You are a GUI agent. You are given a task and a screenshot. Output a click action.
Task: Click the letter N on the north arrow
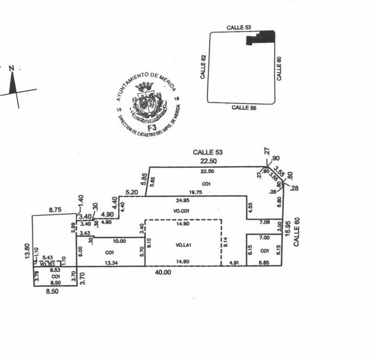pos(11,68)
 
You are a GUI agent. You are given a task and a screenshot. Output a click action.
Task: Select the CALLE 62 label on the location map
pos(204,67)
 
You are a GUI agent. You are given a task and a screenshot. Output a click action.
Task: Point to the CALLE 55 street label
pos(244,108)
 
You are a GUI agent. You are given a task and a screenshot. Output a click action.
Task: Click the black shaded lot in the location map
pos(262,37)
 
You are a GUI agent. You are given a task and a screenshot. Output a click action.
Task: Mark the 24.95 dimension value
pos(183,201)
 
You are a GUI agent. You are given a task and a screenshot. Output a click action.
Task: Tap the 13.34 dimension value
pos(110,263)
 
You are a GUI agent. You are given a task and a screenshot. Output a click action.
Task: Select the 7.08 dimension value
pos(264,222)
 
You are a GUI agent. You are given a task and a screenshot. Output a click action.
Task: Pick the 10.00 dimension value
pos(119,241)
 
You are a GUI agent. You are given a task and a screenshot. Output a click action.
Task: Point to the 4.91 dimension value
pos(234,263)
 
